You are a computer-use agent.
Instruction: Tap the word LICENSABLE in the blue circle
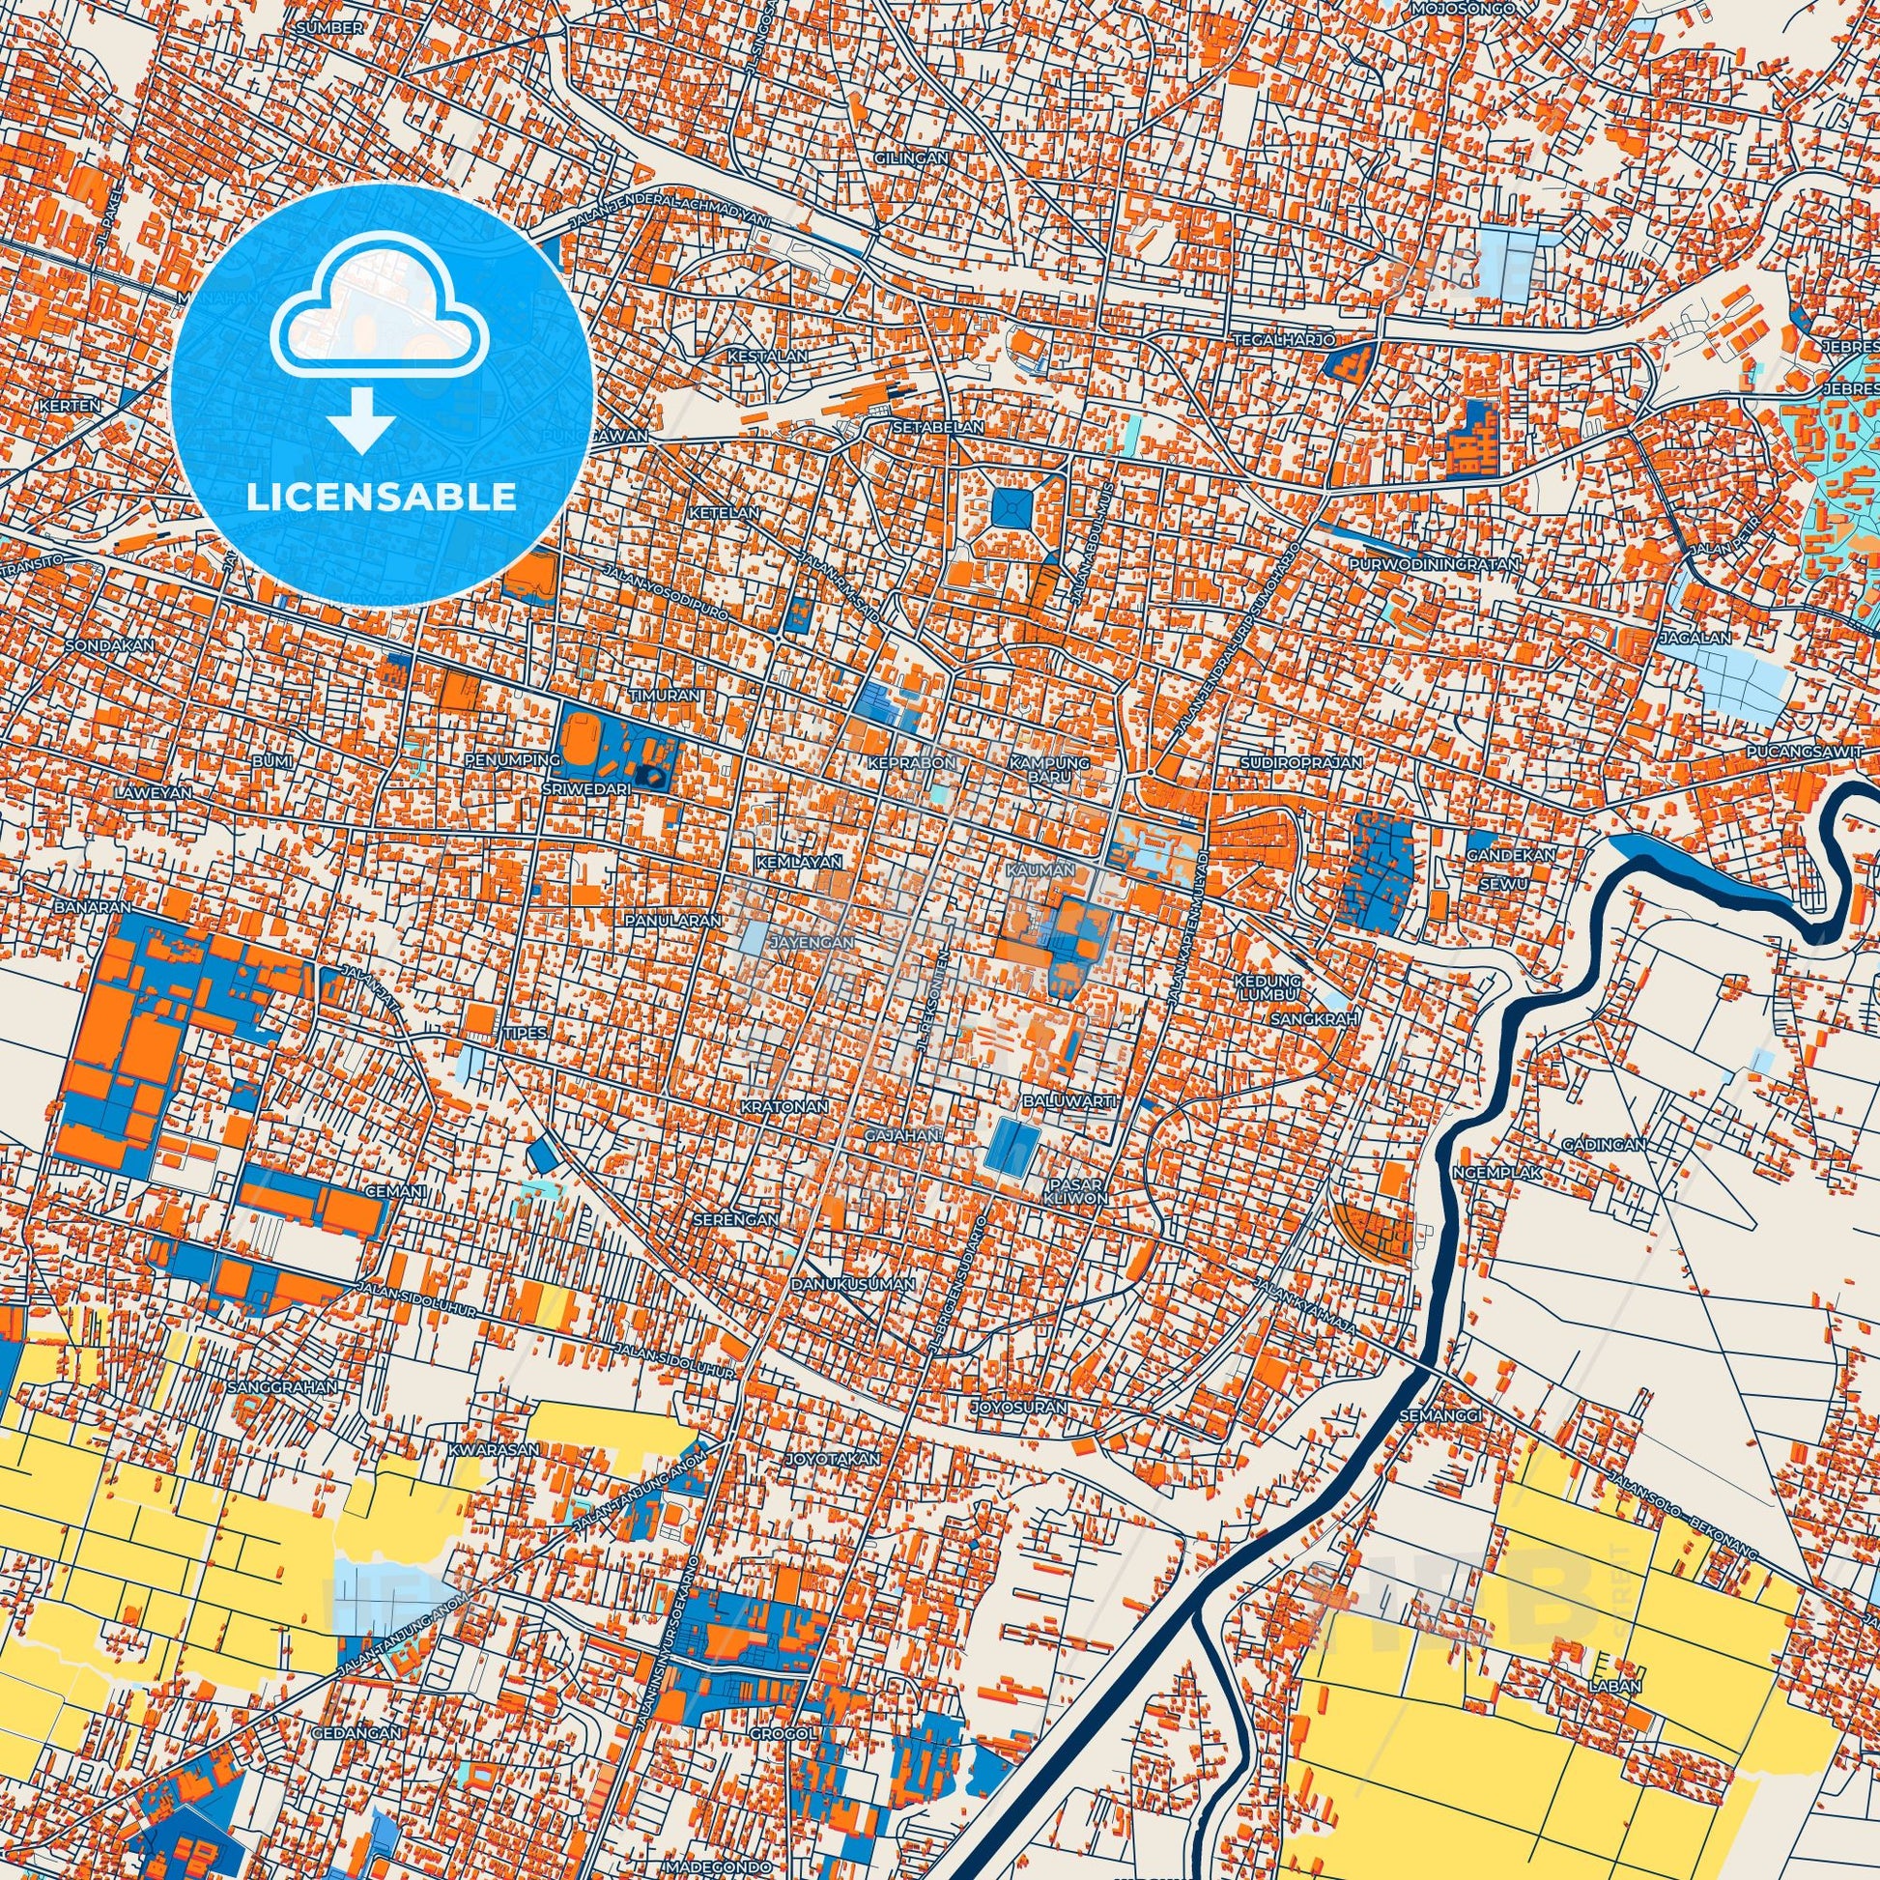pos(382,498)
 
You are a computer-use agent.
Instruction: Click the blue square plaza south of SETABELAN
pos(1014,507)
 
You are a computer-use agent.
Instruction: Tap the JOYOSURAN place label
pos(1018,1407)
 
